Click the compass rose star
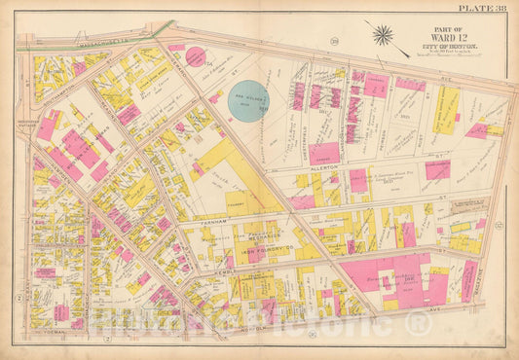click(x=383, y=36)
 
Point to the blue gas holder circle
click(x=248, y=100)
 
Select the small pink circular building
click(x=196, y=57)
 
